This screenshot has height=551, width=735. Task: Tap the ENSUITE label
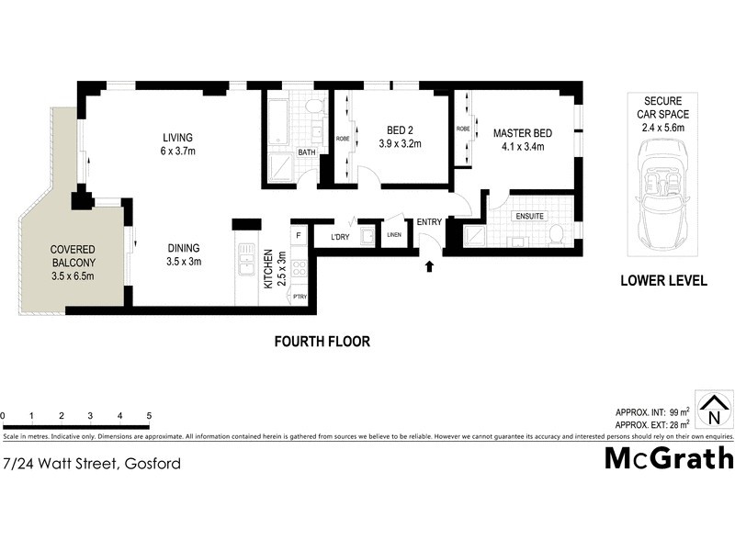click(x=529, y=217)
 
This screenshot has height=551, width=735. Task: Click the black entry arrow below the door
click(x=428, y=267)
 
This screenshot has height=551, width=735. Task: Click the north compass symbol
click(x=713, y=410)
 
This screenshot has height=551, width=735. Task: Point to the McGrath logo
click(x=668, y=457)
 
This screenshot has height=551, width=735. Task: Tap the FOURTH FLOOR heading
click(x=322, y=342)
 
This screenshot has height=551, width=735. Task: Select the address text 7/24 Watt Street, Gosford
click(x=92, y=464)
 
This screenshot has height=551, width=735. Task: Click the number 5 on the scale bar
click(x=148, y=416)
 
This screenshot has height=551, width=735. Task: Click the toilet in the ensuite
click(x=554, y=238)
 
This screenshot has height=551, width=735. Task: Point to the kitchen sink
click(x=246, y=265)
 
